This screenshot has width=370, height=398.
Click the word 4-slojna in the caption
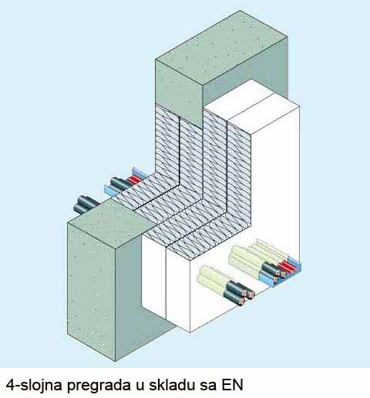pyautogui.click(x=33, y=384)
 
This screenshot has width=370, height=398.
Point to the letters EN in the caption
pyautogui.click(x=232, y=384)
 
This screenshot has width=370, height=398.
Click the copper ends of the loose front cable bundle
pyautogui.click(x=248, y=296)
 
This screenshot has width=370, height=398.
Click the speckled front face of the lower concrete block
pyautogui.click(x=91, y=291)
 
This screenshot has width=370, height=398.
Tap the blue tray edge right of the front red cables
pyautogui.click(x=295, y=265)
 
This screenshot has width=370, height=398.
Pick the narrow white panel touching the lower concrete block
pyautogui.click(x=153, y=271)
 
